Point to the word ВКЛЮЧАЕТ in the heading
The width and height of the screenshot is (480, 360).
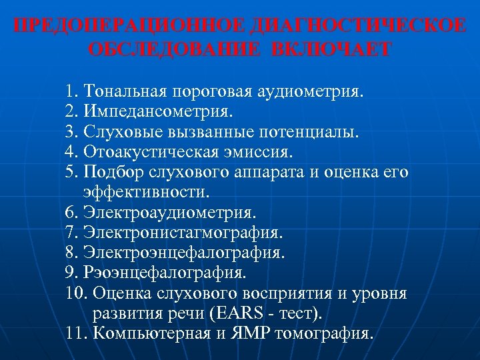[x=332, y=51]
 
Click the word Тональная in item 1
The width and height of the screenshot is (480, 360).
[x=124, y=90]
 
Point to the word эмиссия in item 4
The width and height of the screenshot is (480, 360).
[x=257, y=152]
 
